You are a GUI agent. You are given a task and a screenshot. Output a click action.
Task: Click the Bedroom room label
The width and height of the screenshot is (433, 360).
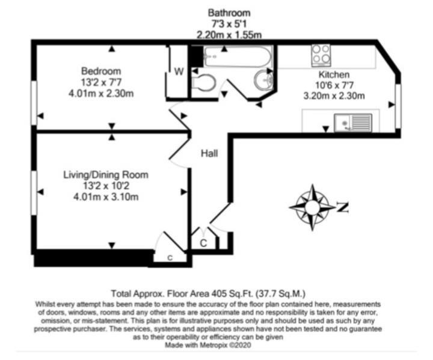tap(101, 71)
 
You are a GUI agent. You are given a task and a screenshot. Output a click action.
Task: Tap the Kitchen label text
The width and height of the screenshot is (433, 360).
tap(334, 75)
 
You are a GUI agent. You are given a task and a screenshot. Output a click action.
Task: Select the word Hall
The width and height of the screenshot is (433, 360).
tap(209, 153)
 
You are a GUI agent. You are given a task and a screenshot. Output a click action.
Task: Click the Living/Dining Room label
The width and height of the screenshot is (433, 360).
tap(106, 175)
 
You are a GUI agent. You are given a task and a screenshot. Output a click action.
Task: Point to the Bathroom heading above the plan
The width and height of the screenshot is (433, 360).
tap(229, 13)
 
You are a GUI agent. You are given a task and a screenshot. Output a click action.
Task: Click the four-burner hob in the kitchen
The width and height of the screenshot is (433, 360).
tap(321, 55)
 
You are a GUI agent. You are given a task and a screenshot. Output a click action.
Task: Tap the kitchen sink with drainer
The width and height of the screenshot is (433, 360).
tap(353, 123)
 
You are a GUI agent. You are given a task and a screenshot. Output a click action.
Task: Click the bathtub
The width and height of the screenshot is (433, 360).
tap(238, 56)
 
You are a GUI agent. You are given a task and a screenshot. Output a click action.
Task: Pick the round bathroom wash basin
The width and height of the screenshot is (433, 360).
tap(263, 80)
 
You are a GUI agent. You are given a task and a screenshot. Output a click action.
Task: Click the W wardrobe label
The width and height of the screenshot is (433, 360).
tap(179, 72)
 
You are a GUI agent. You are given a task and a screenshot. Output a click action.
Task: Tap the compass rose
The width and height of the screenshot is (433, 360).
tap(312, 207)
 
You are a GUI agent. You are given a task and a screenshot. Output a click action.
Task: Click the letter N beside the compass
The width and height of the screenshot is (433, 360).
tap(342, 207)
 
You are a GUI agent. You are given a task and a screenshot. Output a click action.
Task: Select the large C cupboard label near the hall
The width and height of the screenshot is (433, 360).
tap(203, 243)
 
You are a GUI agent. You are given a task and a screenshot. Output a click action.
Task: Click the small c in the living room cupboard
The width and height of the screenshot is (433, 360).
tap(170, 258)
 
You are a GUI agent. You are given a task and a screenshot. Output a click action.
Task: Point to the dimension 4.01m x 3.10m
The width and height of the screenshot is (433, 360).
tap(106, 197)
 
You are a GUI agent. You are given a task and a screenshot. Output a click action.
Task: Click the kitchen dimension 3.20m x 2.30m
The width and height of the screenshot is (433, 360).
tap(334, 96)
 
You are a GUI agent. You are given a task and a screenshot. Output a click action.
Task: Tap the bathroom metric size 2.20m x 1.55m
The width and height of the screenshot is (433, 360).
tap(229, 35)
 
